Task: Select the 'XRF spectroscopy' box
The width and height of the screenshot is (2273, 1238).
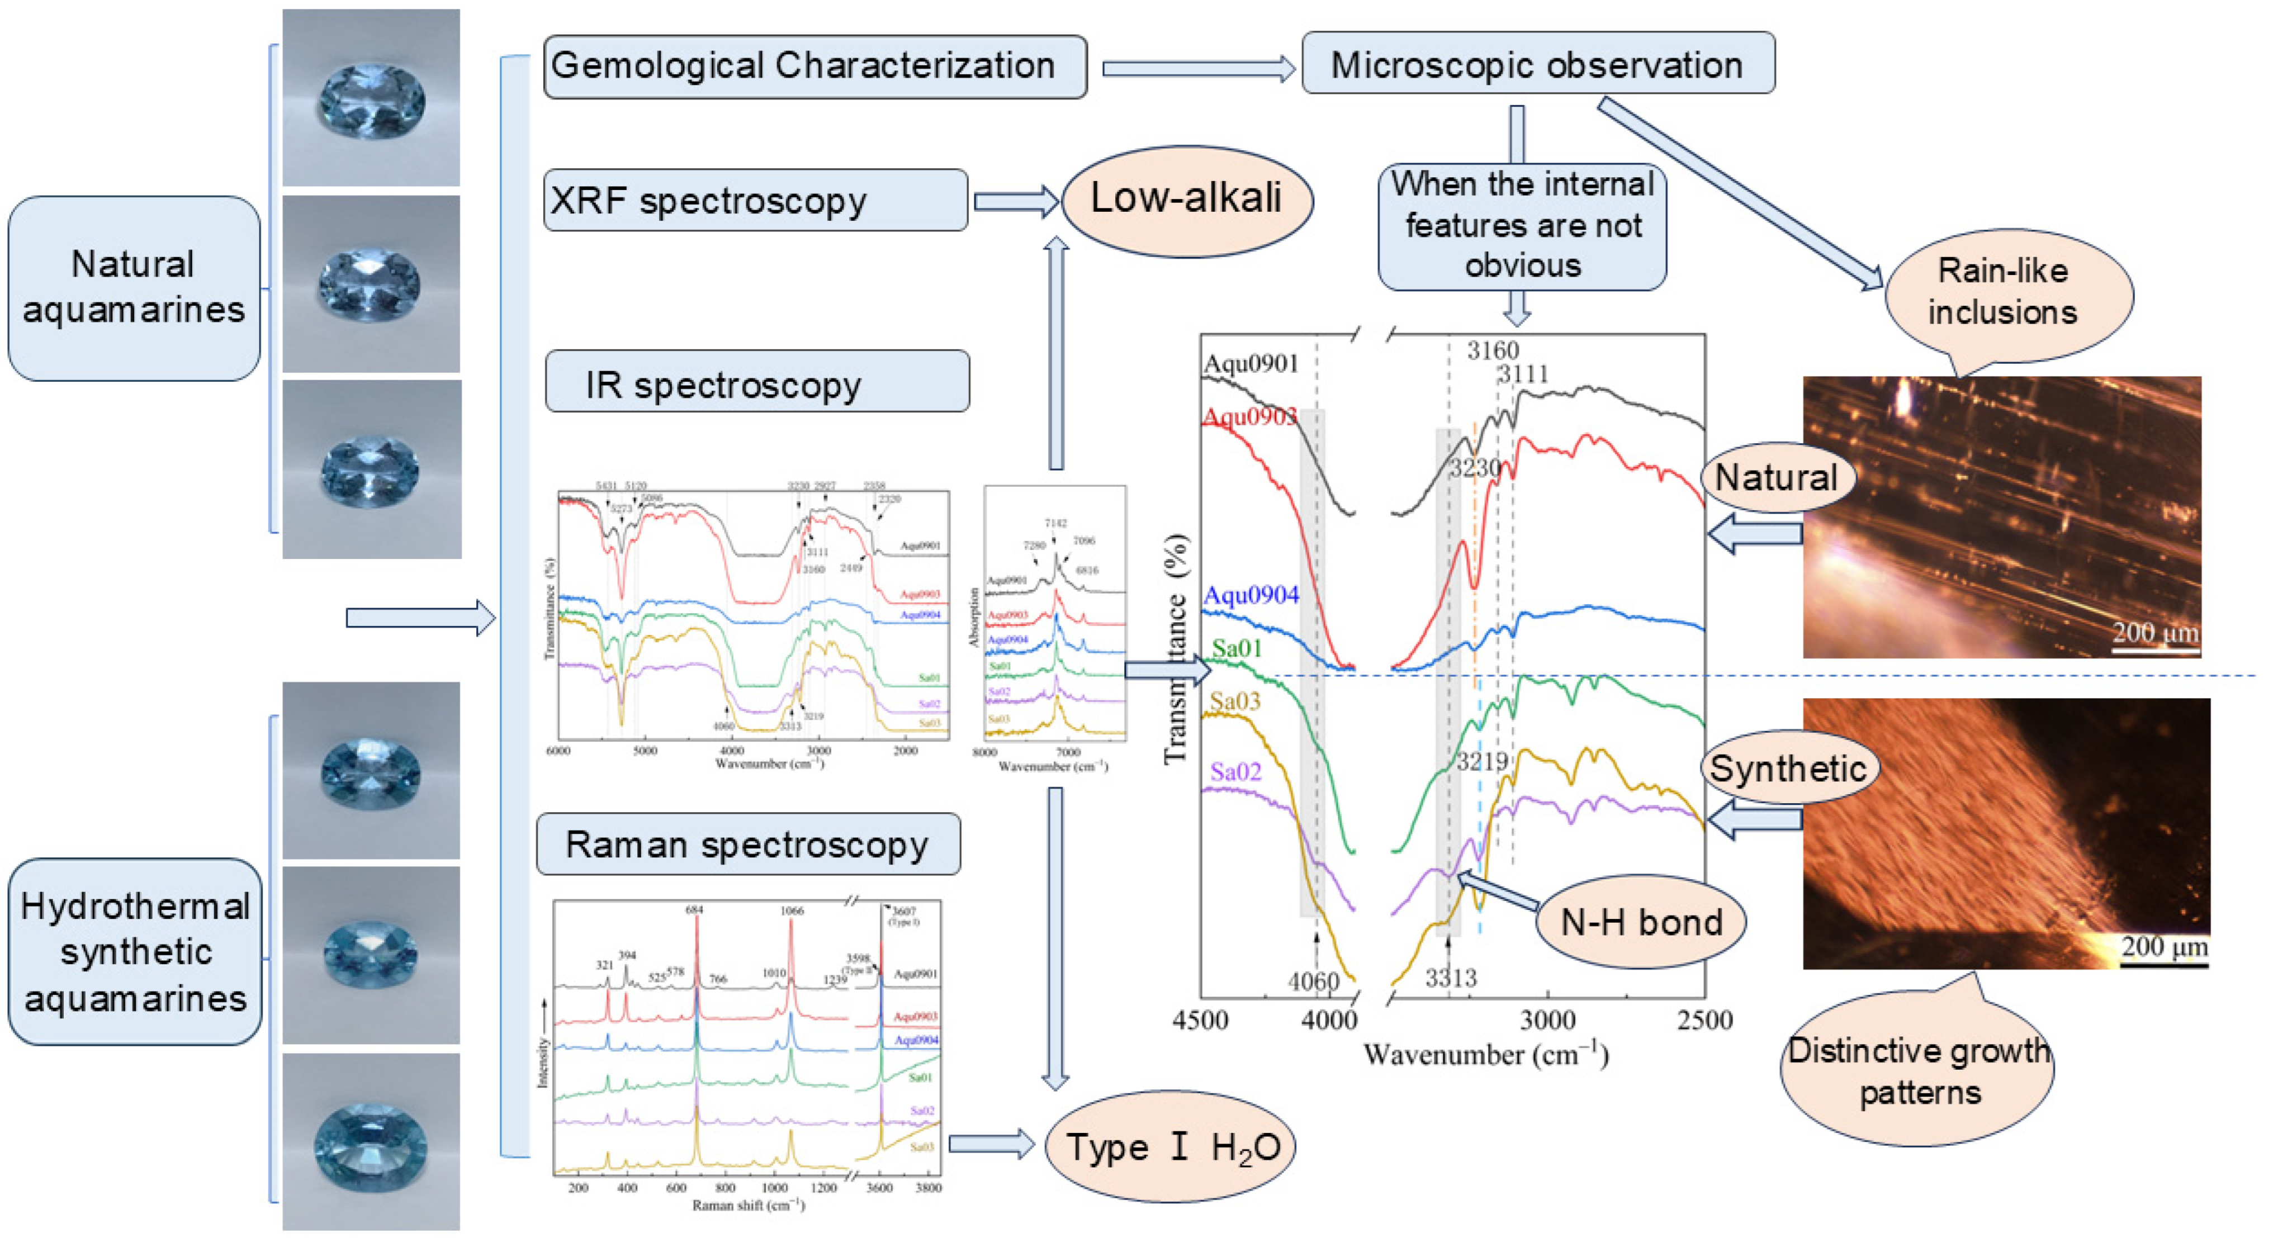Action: pos(755,201)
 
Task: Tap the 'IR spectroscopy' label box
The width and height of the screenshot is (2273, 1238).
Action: pos(757,382)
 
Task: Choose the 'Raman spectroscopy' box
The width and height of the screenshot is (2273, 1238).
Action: pos(748,845)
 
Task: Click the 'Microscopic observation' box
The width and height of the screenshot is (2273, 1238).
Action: pos(1538,64)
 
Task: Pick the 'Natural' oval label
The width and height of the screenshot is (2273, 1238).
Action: pos(1776,477)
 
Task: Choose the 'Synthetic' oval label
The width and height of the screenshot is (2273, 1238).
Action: pos(1788,769)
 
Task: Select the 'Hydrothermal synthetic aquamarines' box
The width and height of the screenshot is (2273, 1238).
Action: pos(135,952)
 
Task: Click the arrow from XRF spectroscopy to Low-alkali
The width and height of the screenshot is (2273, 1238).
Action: pos(1015,202)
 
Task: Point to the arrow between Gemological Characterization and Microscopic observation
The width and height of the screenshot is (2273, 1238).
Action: pos(1197,69)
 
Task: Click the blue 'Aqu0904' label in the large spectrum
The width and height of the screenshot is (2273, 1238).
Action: pos(1251,596)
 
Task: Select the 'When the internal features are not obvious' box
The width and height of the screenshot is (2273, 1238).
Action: pos(1522,226)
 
